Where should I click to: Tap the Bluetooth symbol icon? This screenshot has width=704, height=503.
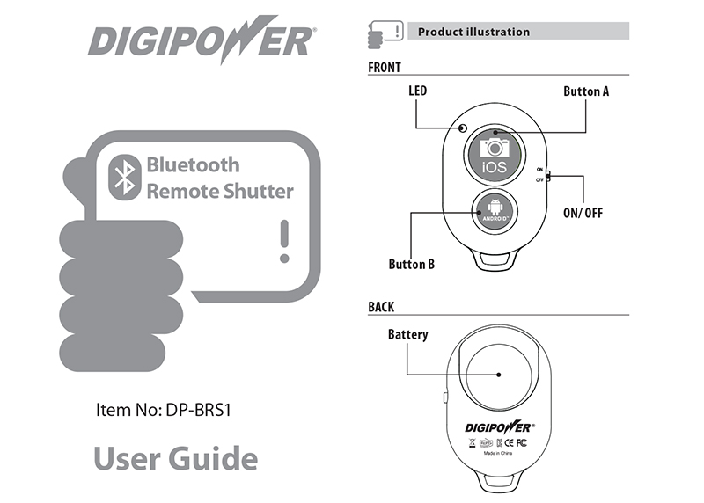tap(125, 177)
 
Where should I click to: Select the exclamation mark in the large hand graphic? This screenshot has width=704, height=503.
tap(283, 241)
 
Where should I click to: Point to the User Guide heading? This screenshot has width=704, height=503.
tap(175, 458)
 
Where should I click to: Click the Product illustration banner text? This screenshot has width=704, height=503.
tap(473, 32)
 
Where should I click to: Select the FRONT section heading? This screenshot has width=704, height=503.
tap(385, 67)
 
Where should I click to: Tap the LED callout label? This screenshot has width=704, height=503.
tap(418, 91)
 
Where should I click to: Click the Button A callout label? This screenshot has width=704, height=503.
tap(586, 91)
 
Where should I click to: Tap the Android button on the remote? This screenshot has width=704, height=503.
tap(492, 211)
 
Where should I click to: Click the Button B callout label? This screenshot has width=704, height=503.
tap(412, 263)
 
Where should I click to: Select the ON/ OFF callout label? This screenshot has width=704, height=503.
tap(583, 213)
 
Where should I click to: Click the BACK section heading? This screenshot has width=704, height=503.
tap(381, 307)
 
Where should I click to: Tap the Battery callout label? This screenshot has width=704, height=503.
tap(408, 334)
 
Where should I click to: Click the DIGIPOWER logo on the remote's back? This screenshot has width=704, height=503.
tap(499, 426)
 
